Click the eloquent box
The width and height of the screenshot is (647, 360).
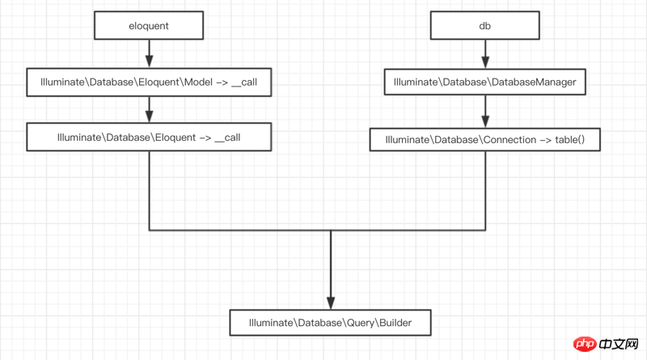coord(149,26)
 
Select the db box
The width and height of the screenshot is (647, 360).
coord(484,26)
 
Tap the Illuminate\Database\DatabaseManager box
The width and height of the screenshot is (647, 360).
coord(484,82)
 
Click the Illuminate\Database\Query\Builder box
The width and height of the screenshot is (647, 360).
coord(330,323)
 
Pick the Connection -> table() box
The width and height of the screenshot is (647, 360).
coord(484,139)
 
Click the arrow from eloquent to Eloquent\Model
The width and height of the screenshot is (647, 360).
coord(149,53)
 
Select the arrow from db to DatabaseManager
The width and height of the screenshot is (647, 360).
coord(485,54)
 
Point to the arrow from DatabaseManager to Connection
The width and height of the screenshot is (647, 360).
coord(485,112)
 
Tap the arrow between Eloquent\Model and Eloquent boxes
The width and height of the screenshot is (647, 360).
coord(149,109)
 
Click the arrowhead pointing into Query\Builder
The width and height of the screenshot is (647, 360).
coord(331,303)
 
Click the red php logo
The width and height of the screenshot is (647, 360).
coord(585,344)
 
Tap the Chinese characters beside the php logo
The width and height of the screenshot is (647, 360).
coord(619,344)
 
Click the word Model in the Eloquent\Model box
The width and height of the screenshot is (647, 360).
coord(198,83)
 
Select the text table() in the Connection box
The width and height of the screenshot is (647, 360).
coord(570,139)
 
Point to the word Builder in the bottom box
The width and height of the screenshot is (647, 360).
coord(395,323)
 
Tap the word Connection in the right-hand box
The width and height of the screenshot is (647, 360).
coord(510,139)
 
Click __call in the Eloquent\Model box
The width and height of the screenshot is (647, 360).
coord(244,83)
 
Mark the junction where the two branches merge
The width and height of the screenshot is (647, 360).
coord(331,230)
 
